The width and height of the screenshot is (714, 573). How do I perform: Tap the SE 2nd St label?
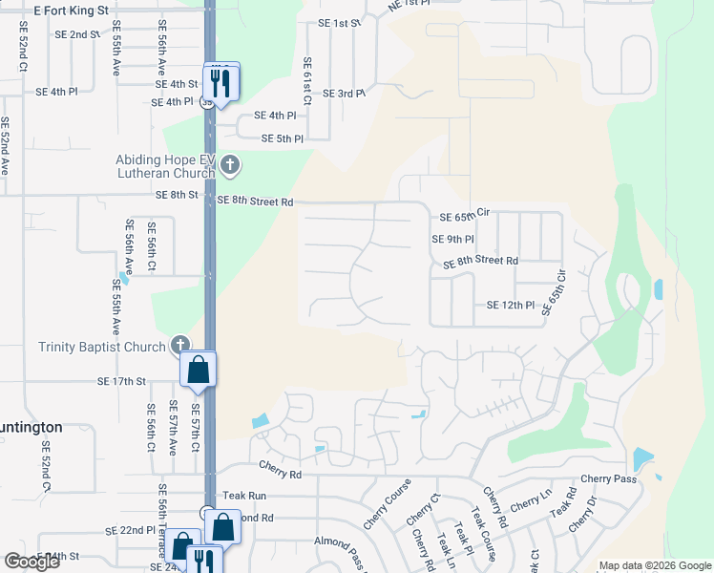click(77, 34)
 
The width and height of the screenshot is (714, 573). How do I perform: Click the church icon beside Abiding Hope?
click(229, 166)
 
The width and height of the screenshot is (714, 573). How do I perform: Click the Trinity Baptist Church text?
click(102, 347)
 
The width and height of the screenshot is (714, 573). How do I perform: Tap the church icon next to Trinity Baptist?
click(179, 344)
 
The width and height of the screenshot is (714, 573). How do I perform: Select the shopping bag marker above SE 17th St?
click(198, 370)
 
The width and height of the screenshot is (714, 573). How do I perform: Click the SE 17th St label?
click(121, 381)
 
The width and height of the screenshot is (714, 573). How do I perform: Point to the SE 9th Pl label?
click(452, 239)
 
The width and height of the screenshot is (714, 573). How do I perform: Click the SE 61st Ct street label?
click(308, 80)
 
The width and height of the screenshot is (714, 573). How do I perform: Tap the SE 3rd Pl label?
click(345, 94)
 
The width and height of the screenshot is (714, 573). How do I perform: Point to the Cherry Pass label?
click(607, 478)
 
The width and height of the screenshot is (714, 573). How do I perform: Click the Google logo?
click(32, 562)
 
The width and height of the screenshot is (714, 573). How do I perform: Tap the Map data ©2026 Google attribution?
click(655, 565)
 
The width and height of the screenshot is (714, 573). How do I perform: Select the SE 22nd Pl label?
click(130, 530)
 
